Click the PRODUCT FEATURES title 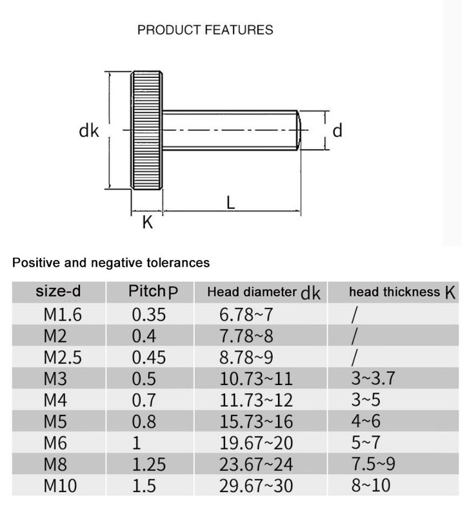(205, 30)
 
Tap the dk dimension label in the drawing (89, 130)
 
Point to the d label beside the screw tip (337, 130)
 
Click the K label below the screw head (148, 222)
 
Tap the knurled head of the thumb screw (147, 130)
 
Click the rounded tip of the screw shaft (299, 130)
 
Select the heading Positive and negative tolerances (111, 263)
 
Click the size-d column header (58, 292)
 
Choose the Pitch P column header (153, 292)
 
